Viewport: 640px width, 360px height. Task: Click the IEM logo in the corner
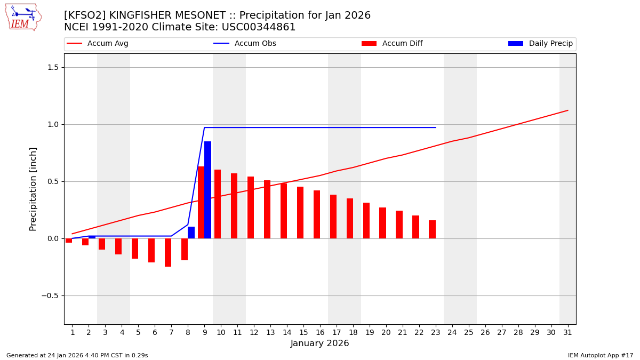point(23,17)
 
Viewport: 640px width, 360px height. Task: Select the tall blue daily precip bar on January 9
point(207,190)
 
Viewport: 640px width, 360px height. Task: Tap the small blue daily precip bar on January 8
point(191,233)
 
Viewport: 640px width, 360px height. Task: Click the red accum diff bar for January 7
point(168,252)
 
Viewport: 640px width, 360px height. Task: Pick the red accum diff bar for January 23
point(432,229)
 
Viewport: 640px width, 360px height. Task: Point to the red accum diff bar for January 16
point(317,214)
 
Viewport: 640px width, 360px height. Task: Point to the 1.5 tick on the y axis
point(55,67)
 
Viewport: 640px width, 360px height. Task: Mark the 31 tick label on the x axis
point(567,332)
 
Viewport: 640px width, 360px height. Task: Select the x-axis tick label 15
point(303,332)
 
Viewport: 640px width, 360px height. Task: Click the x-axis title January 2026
point(320,343)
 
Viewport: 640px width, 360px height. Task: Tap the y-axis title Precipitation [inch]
point(33,189)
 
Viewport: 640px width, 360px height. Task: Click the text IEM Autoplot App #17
point(601,355)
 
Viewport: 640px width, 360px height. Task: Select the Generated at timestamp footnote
point(77,355)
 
